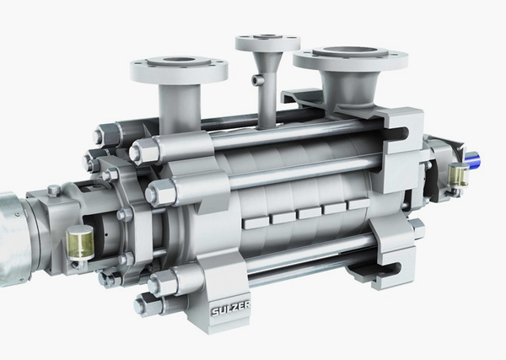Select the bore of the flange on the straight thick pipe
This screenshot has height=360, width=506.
pyautogui.click(x=179, y=62)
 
